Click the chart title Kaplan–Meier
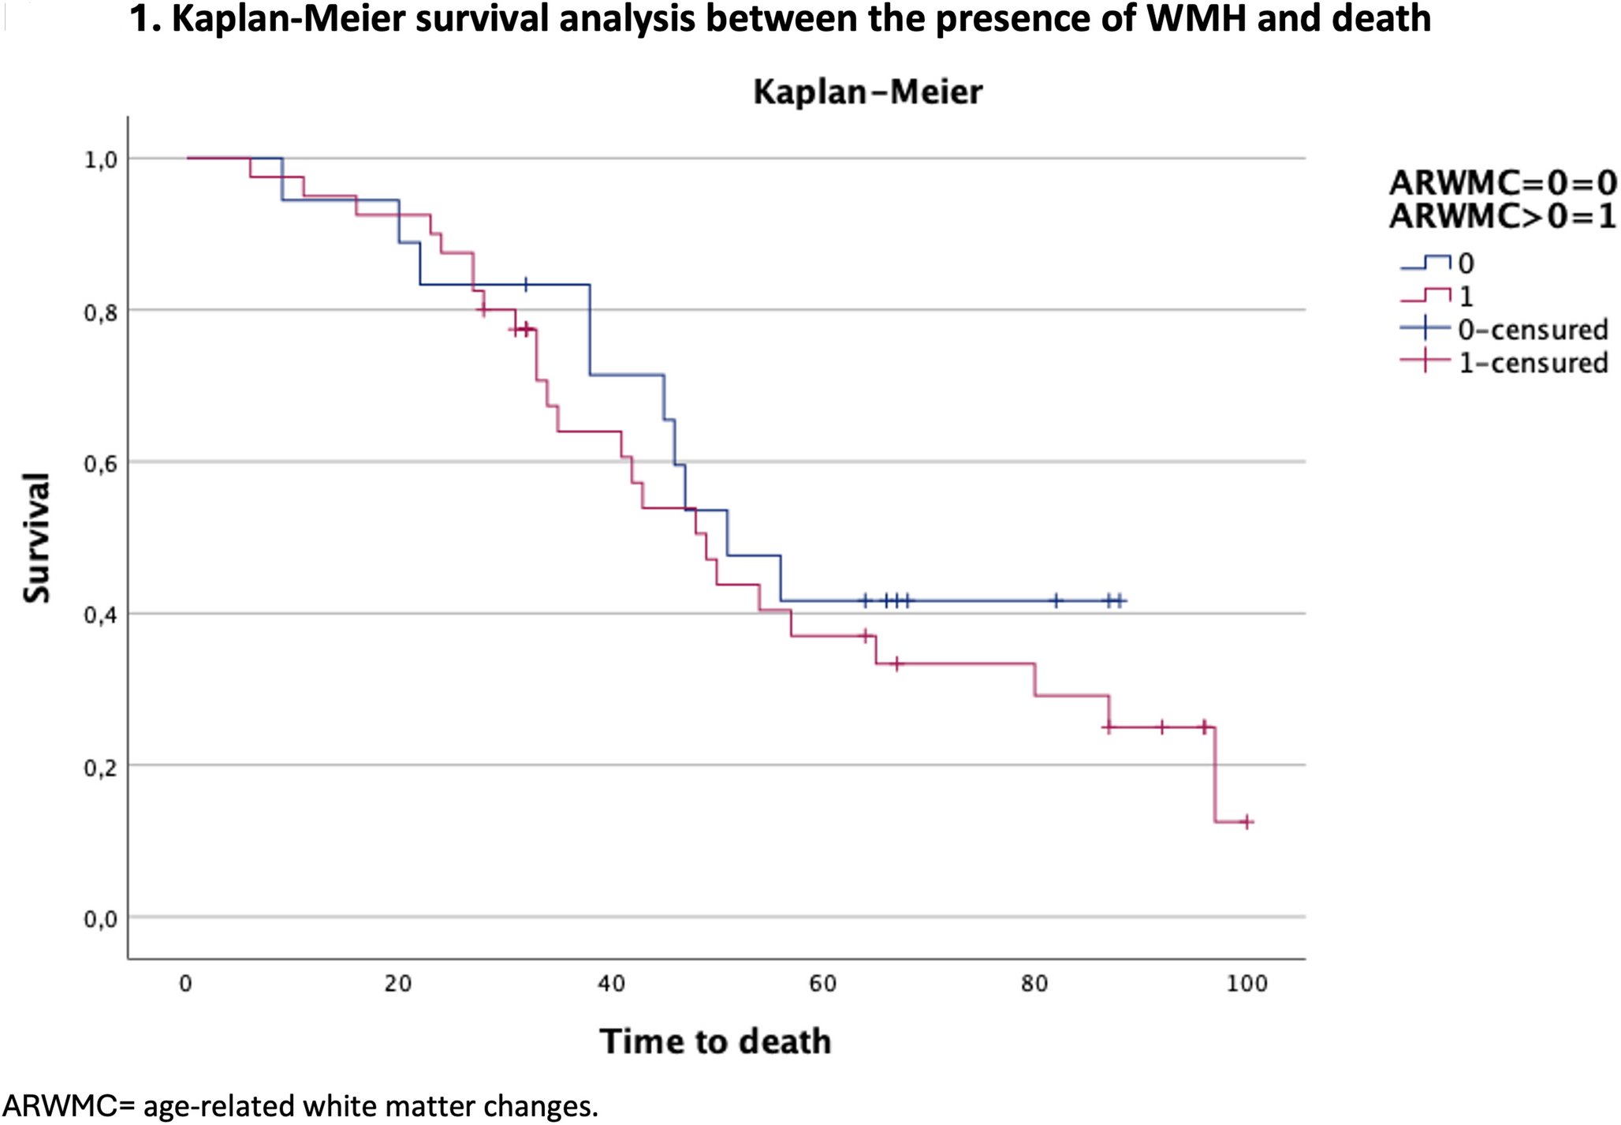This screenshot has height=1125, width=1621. pos(867,92)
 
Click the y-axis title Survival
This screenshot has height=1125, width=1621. pos(37,537)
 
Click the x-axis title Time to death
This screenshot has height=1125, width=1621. pos(715,1041)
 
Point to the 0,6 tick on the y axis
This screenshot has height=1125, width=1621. pos(101,463)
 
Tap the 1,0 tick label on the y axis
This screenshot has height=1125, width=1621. pos(101,160)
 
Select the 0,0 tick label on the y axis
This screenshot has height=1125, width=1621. pos(101,919)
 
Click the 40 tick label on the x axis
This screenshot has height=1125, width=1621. pos(611,984)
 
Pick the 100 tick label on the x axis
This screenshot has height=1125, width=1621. pos(1247,984)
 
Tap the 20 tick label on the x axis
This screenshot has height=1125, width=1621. pos(399,984)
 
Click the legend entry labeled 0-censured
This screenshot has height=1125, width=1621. pos(1532,330)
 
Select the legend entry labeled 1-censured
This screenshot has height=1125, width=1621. pos(1532,363)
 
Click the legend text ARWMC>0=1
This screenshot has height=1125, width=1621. pos(1502,216)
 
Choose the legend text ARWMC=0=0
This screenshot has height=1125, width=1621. pos(1502,183)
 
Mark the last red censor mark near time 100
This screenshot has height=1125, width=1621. pos(1246,823)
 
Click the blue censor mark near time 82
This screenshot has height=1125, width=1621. pos(1056,601)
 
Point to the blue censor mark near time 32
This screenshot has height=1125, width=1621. pos(526,284)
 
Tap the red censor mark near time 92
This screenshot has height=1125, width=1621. pos(1161,727)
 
